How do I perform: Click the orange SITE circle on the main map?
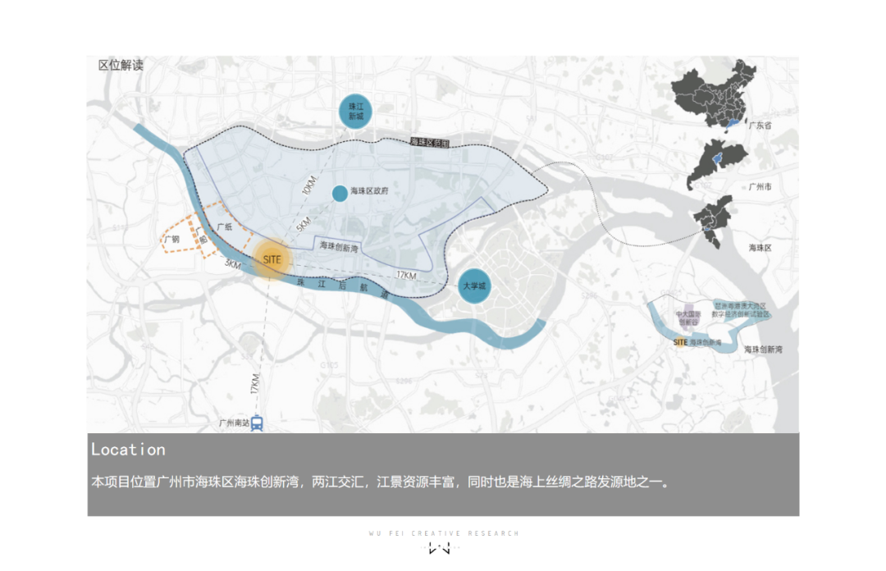pos(272,259)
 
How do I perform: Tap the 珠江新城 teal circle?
pos(355,112)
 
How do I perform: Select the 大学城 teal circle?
pos(474,285)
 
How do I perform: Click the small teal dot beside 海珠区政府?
pos(339,194)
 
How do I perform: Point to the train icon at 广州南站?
pos(257,423)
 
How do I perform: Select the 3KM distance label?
pos(232,265)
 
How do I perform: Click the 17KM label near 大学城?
pos(405,274)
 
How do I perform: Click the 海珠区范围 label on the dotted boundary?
pos(430,142)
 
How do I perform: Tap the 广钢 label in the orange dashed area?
pos(171,240)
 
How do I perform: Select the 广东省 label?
pos(760,126)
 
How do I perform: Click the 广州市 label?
pos(760,187)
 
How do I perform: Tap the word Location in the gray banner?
pos(128,450)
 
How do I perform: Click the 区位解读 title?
pos(121,65)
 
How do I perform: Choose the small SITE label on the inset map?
pos(679,341)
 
